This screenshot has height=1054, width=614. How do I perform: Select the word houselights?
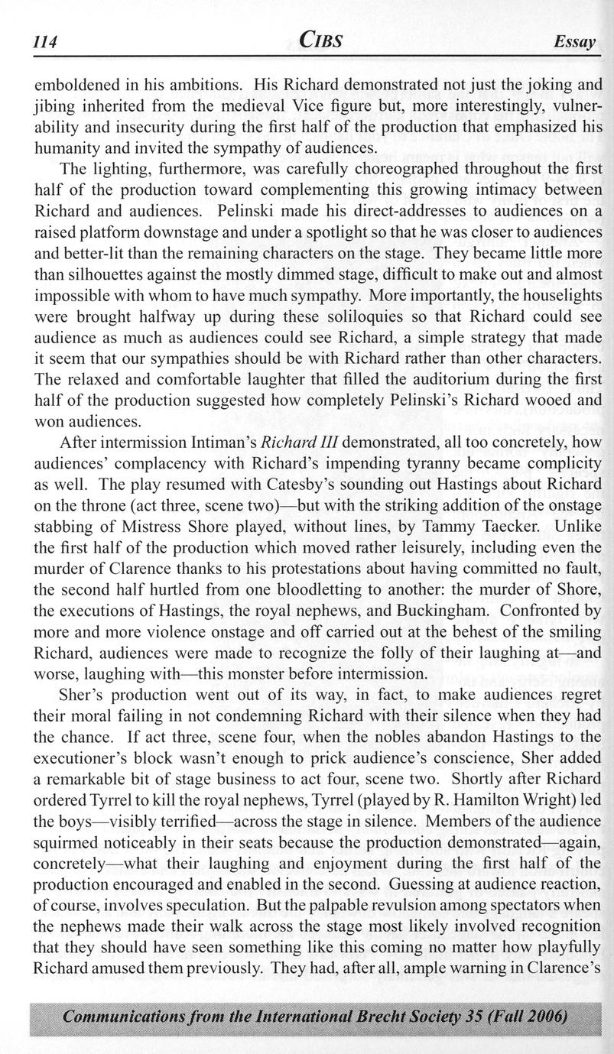[558, 293]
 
